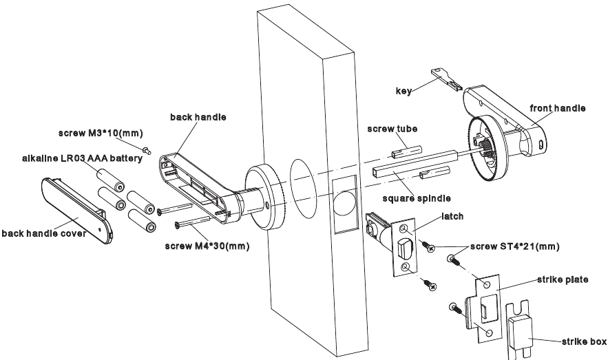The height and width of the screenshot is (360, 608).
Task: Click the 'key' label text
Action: (x=403, y=91)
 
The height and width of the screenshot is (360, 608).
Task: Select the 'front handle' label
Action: (x=557, y=108)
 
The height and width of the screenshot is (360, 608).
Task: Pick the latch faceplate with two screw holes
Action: (x=404, y=248)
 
